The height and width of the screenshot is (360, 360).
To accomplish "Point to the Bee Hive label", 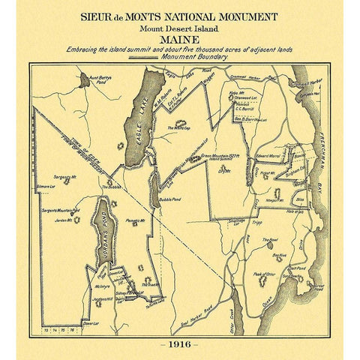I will click(x=279, y=256).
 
